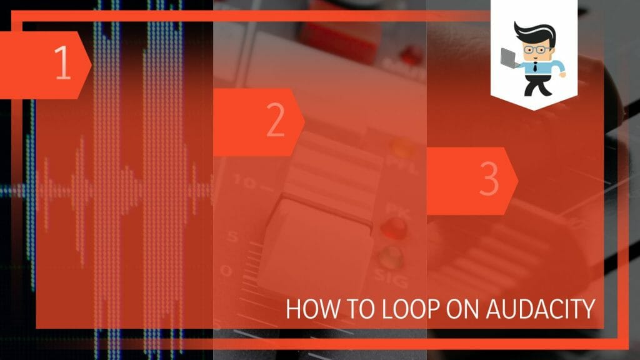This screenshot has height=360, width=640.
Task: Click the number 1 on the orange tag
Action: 62,64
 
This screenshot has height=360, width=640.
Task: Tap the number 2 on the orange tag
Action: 276,122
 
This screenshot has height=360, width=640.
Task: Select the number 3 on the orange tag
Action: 489,180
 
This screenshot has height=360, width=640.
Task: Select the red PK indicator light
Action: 394,228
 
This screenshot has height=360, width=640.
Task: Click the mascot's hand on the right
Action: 562,74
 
